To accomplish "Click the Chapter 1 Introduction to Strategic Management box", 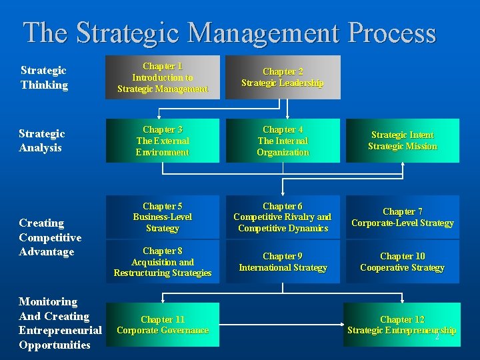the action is click(x=162, y=77).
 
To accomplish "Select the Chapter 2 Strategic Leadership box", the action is click(x=283, y=77).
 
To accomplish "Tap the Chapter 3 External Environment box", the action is click(x=162, y=141).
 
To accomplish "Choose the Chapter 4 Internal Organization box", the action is click(x=283, y=141).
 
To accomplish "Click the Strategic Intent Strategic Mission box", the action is click(x=403, y=141).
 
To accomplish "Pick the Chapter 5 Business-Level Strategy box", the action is click(x=162, y=217).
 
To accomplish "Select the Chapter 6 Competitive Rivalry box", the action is click(x=283, y=217).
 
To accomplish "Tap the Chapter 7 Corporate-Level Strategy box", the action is click(x=403, y=217).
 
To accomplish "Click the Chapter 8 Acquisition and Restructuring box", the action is click(x=162, y=261).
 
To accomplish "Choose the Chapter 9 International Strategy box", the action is click(x=283, y=261).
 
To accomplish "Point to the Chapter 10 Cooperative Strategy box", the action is click(x=403, y=261).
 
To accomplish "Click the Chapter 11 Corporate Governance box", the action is click(x=162, y=325).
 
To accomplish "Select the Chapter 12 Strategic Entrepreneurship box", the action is click(x=403, y=325).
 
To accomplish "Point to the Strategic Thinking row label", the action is click(x=44, y=77).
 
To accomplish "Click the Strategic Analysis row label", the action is click(x=43, y=141).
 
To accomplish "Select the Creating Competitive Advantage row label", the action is click(x=50, y=237).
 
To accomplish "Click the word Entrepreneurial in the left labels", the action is click(x=60, y=331).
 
